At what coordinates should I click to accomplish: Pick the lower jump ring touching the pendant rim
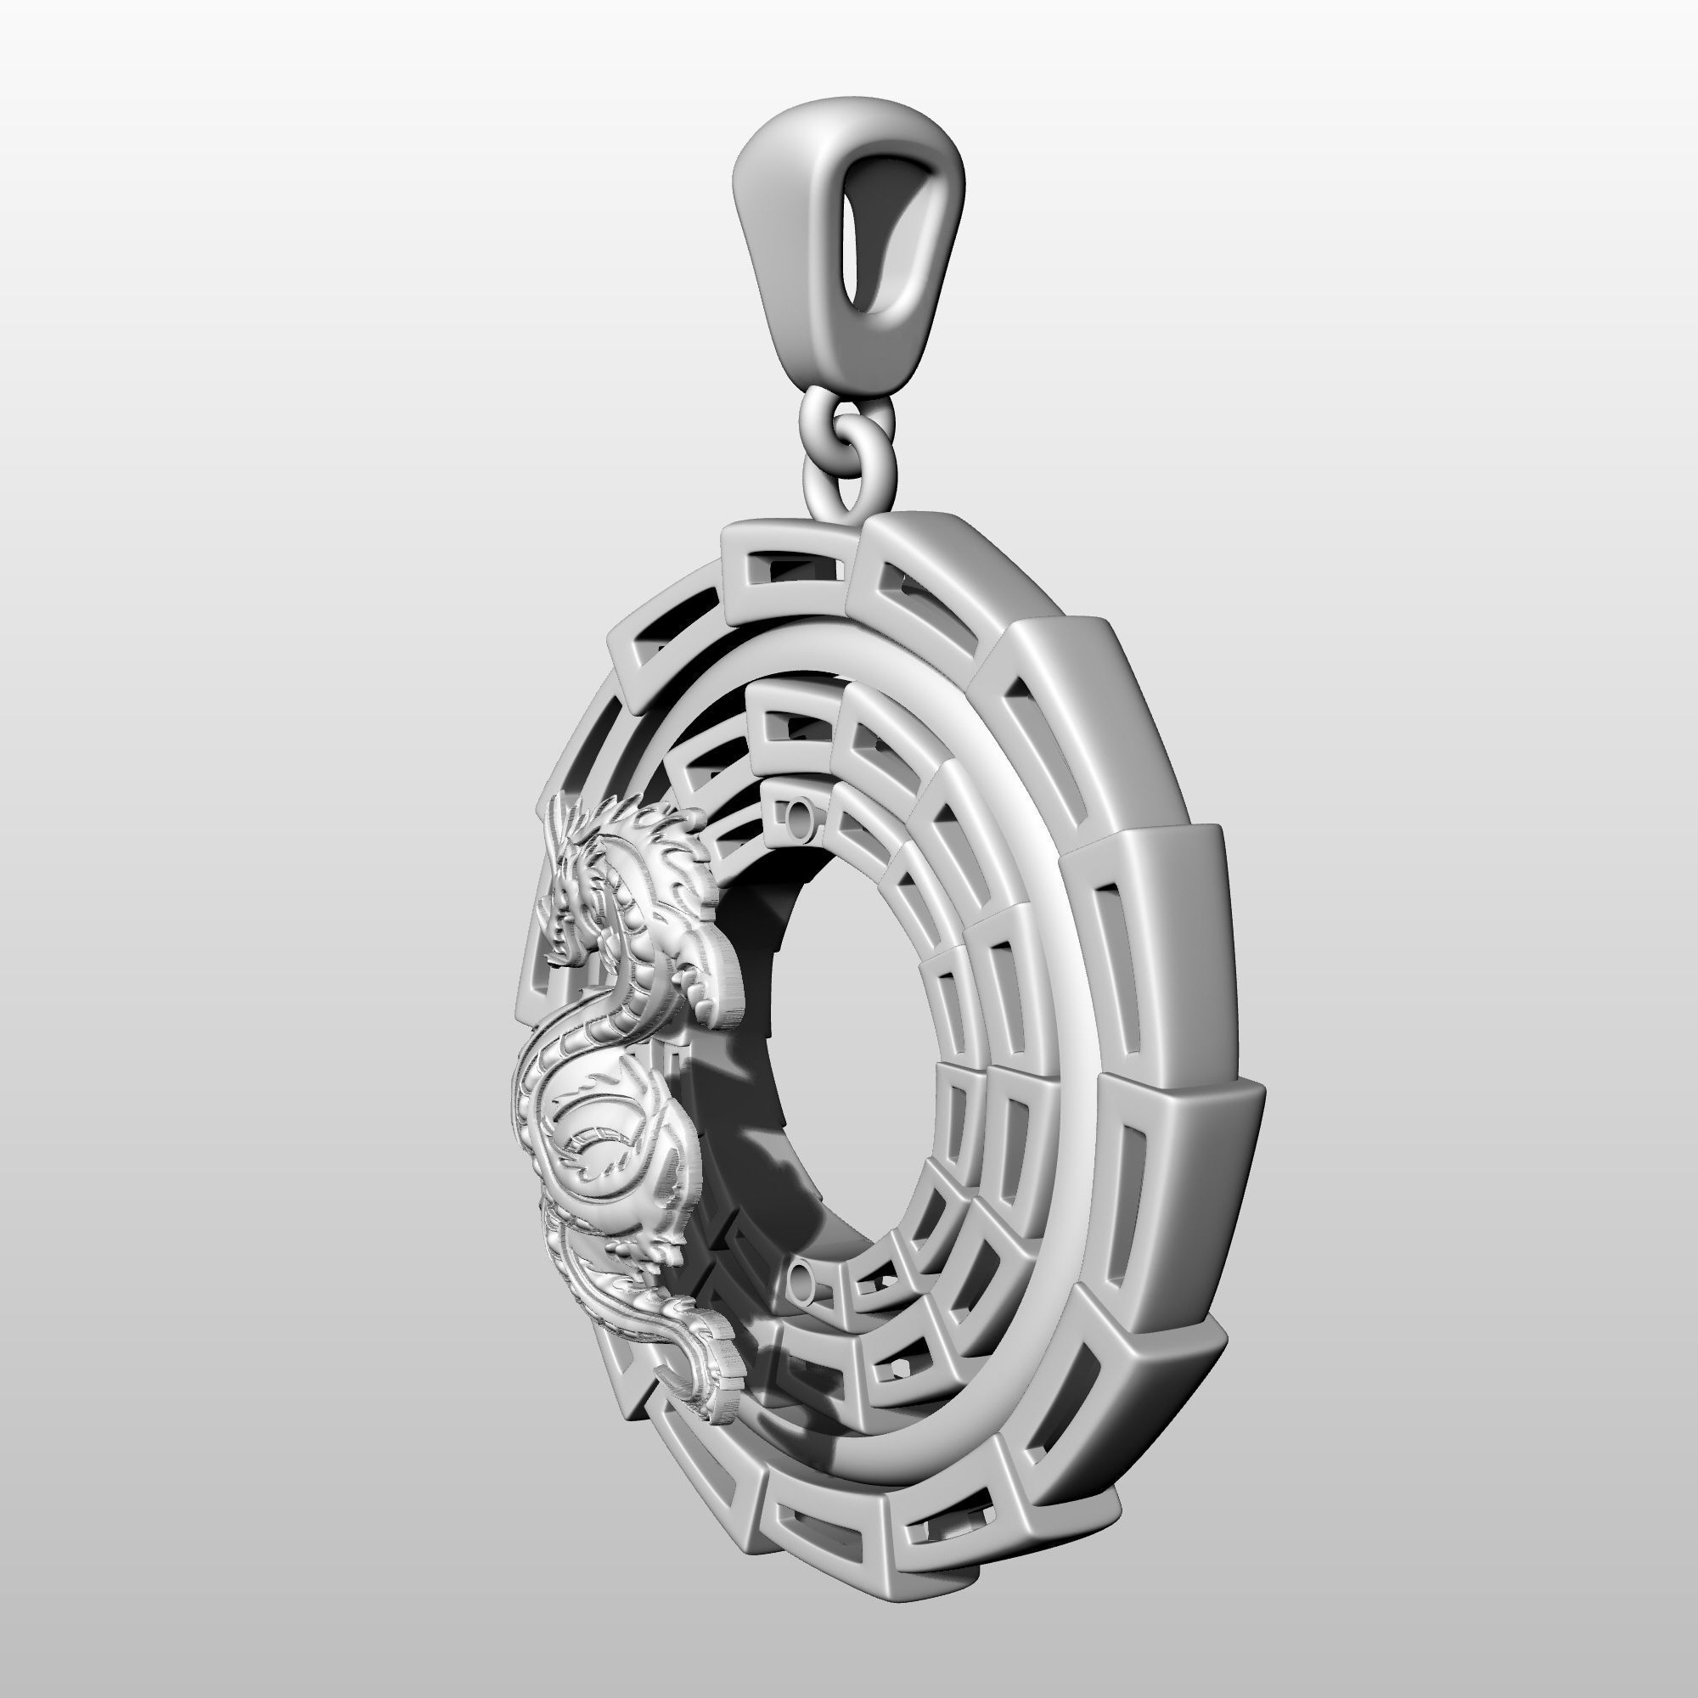point(848,479)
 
